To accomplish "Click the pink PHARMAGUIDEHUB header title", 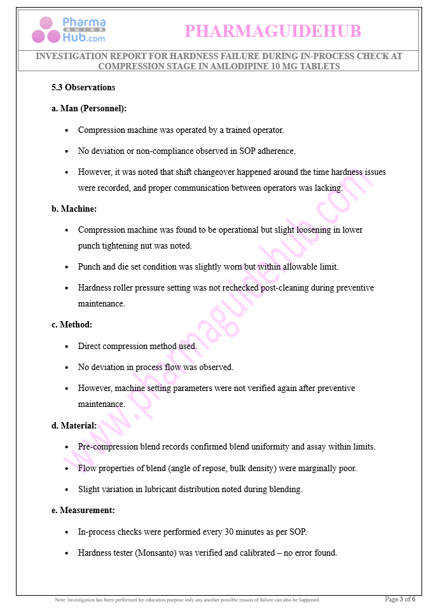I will click(273, 31).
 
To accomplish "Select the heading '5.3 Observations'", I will click(83, 87).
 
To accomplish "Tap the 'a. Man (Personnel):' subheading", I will click(89, 108).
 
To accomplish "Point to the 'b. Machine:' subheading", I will click(74, 208).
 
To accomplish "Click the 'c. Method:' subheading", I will click(72, 324).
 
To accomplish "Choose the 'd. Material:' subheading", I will click(74, 425).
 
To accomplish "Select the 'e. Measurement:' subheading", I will click(83, 510).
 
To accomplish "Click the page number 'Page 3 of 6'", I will click(400, 599).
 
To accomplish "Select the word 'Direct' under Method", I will click(90, 346).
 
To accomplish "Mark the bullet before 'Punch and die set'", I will click(67, 267).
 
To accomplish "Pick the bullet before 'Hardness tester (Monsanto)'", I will click(67, 553).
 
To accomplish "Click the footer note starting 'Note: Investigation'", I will click(188, 600).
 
